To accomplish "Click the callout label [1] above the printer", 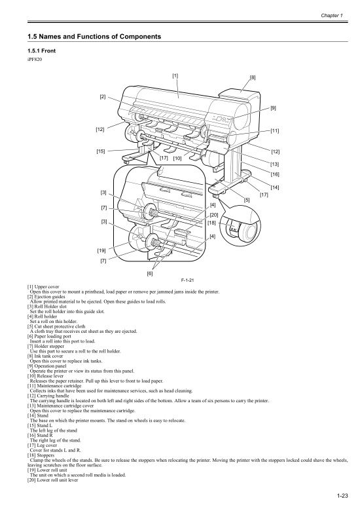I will click(x=175, y=75).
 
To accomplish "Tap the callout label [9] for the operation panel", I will click(x=273, y=107).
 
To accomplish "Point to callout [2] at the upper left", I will click(x=103, y=97).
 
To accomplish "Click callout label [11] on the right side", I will click(x=275, y=131).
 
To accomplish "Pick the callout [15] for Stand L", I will click(x=101, y=151).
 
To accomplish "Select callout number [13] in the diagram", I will click(x=275, y=163).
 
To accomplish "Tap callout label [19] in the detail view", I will click(x=101, y=251).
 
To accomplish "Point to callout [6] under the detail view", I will click(x=152, y=274).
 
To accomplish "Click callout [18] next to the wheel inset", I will click(x=211, y=223).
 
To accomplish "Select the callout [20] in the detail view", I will click(x=213, y=214).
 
